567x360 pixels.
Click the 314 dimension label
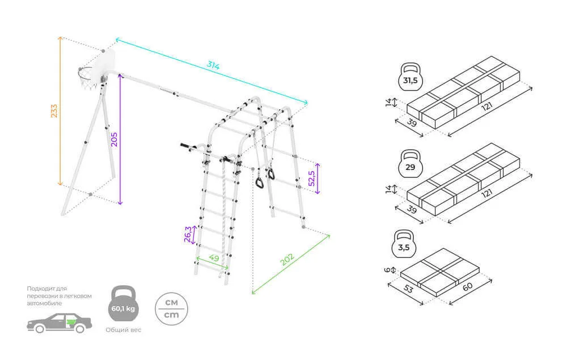coord(213,65)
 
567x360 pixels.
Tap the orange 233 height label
coord(54,111)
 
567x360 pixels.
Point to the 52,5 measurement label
coord(310,178)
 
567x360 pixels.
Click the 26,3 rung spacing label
coord(188,234)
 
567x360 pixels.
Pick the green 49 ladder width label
coord(214,259)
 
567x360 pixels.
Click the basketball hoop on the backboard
coord(85,76)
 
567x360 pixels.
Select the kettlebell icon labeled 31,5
coord(410,79)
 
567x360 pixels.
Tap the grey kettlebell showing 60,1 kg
coord(123,307)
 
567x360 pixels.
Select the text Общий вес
coord(123,330)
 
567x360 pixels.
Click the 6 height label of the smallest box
coord(388,270)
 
